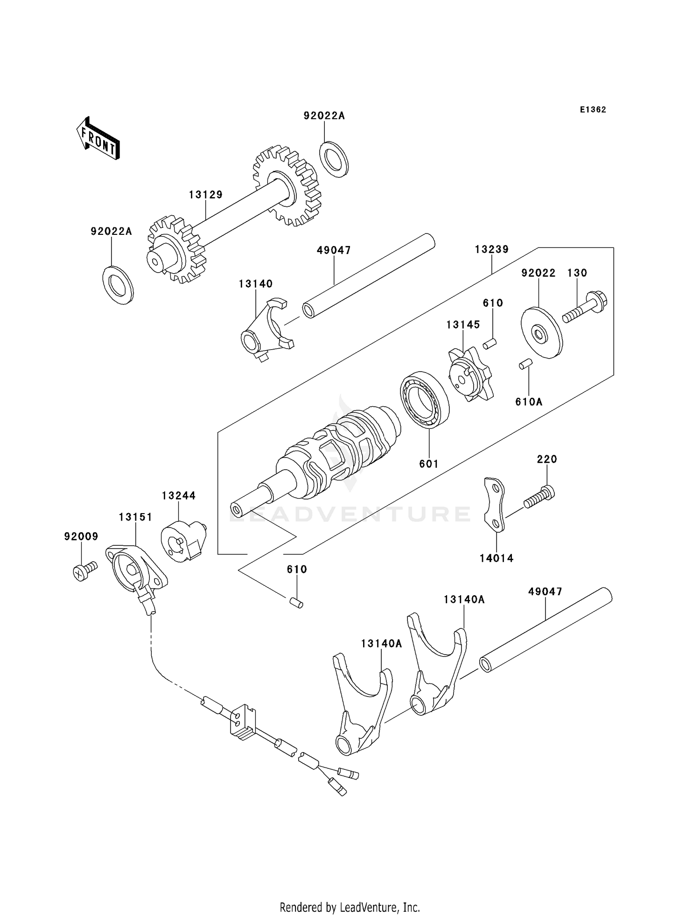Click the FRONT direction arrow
pos(98,139)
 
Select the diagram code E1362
pos(593,110)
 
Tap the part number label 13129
pos(206,195)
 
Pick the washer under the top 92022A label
pos(334,159)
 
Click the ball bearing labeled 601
pos(425,399)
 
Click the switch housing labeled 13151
pos(135,570)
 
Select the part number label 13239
pos(491,249)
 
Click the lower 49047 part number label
pos(545,592)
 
